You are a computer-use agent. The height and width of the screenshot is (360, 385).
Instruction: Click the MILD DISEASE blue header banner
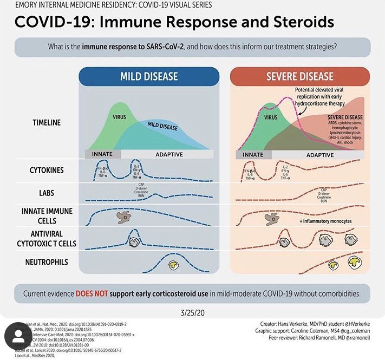click(148, 76)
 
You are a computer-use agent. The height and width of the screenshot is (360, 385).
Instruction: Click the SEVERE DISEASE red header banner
click(299, 76)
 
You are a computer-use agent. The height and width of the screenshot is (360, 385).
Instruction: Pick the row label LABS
click(46, 192)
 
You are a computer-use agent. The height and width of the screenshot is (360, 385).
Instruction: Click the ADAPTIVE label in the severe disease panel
click(321, 154)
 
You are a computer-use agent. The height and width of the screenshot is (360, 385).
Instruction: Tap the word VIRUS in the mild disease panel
click(119, 116)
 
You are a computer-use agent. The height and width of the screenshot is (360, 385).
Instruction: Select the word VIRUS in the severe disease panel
click(270, 116)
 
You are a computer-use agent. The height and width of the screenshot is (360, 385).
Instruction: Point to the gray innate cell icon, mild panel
click(124, 218)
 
